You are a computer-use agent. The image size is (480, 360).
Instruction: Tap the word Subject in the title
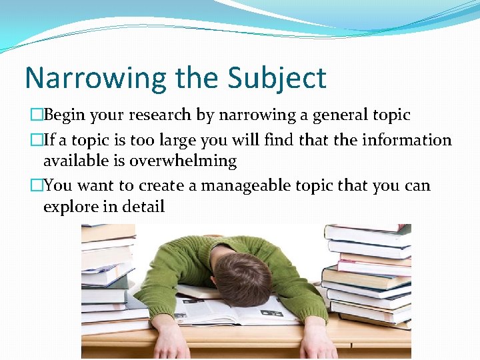[277, 78]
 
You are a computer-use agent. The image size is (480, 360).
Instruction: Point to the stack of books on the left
[107, 280]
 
